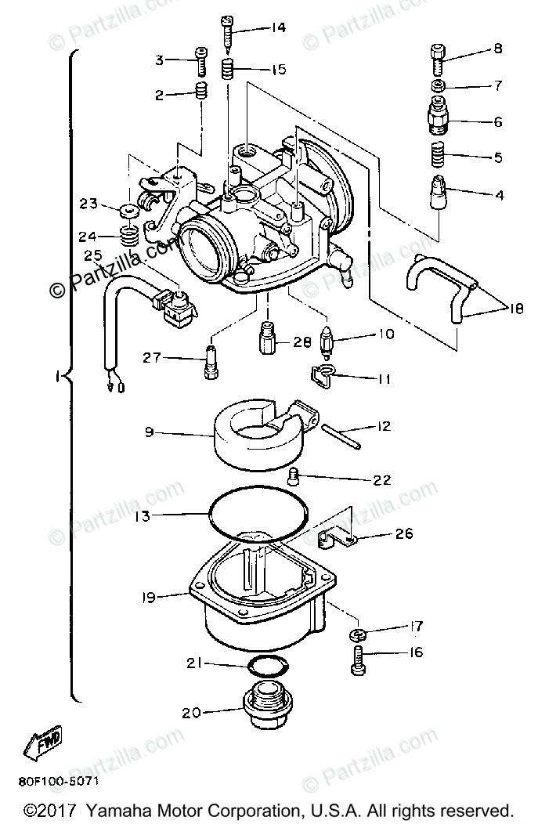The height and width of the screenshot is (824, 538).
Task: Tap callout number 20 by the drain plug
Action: (192, 713)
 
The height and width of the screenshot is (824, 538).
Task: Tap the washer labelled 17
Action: (358, 634)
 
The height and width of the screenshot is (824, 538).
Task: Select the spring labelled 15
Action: (227, 70)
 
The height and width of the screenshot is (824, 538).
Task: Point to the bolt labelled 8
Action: (439, 60)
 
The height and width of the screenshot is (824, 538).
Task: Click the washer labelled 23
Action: (130, 211)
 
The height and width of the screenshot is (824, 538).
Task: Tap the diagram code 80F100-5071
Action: (58, 781)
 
